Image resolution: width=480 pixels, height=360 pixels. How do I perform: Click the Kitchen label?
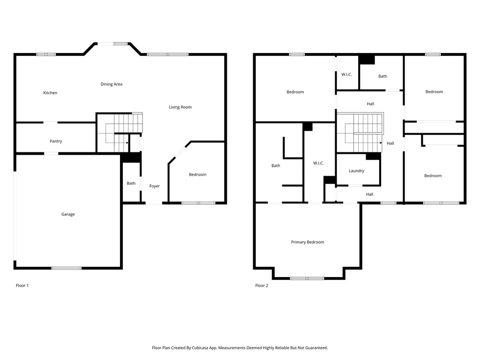click(x=50, y=93)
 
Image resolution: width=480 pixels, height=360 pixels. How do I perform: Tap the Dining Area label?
click(x=112, y=84)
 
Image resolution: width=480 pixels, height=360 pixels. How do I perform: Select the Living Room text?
click(x=180, y=107)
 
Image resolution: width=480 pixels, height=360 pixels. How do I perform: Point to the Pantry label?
click(x=56, y=141)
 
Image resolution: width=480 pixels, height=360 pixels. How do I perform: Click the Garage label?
click(x=68, y=214)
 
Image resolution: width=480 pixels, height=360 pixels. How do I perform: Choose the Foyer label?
click(x=155, y=186)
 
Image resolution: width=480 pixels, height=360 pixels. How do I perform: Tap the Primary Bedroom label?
click(x=307, y=242)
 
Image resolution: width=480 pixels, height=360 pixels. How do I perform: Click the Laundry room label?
click(x=357, y=171)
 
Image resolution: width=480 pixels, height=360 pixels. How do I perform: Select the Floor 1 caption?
click(x=22, y=285)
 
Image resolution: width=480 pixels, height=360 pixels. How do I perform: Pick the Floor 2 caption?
click(x=262, y=285)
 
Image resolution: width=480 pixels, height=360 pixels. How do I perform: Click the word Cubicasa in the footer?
click(x=200, y=348)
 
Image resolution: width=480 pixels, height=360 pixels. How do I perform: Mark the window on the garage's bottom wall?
click(x=67, y=268)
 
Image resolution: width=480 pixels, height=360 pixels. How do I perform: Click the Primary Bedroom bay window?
click(x=307, y=278)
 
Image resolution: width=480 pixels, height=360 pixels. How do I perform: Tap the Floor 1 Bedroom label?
click(x=198, y=174)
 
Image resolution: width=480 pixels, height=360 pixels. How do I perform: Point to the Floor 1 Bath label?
click(x=131, y=183)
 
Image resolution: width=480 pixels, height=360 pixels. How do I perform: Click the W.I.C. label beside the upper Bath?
click(x=347, y=75)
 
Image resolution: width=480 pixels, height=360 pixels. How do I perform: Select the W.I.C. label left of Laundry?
click(x=318, y=163)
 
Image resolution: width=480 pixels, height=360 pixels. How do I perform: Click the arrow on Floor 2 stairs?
click(x=381, y=143)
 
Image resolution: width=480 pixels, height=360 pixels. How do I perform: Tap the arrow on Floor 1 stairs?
click(x=127, y=142)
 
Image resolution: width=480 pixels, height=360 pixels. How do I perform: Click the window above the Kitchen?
click(x=46, y=54)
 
